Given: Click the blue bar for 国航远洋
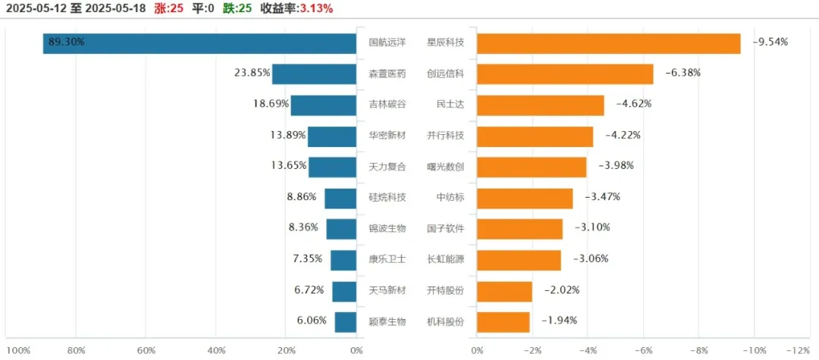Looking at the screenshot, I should (200, 43).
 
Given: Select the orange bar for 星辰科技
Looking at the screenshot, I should (608, 43).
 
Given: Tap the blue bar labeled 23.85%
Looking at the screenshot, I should (315, 74).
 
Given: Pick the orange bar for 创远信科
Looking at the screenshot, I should (564, 74).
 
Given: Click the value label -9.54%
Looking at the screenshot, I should (770, 42).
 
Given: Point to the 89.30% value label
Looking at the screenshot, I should (67, 42).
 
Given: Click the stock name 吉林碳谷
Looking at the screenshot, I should (387, 104).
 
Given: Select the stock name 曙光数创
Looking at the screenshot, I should (445, 166).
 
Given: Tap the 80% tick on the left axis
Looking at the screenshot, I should (76, 350).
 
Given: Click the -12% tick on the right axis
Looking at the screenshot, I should (799, 350).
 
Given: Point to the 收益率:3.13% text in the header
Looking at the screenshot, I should (297, 8).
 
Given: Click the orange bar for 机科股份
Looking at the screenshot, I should (503, 321).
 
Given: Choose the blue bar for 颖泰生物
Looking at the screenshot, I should (346, 321).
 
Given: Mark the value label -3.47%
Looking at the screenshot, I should (603, 197).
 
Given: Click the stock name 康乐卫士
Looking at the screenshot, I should (387, 259).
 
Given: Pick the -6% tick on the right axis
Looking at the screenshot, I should (643, 350).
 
